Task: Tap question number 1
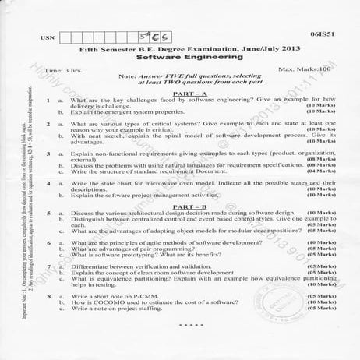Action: pos(48,101)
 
